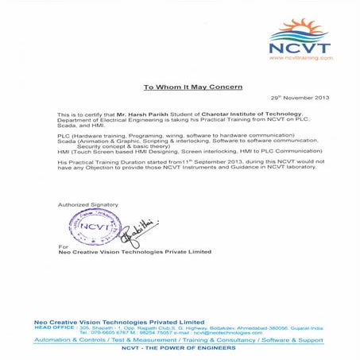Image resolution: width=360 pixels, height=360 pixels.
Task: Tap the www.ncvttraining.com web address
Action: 300,57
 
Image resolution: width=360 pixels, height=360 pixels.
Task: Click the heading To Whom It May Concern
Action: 192,86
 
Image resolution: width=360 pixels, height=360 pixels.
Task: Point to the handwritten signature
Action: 140,230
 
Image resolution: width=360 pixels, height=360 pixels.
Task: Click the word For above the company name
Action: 64,246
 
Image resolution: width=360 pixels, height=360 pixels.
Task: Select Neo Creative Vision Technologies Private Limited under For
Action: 134,252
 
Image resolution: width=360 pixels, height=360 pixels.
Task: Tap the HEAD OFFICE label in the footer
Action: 54,327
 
